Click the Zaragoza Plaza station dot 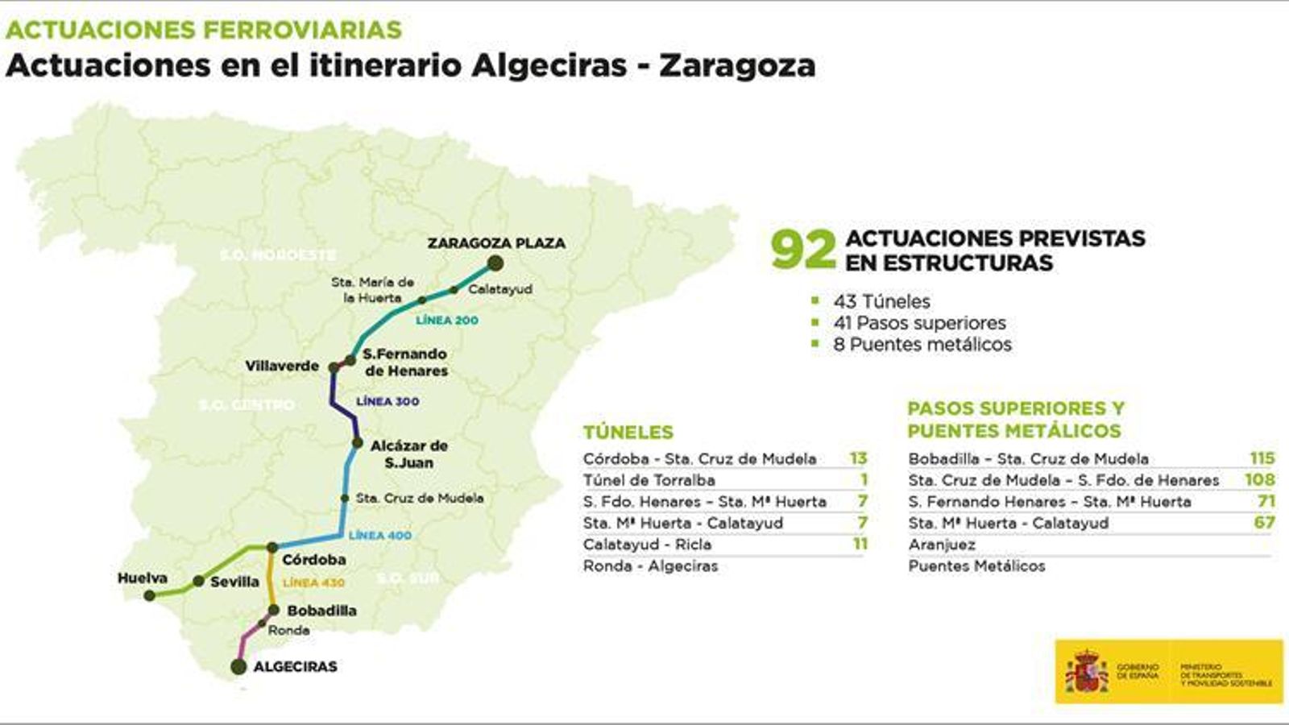[x=495, y=263]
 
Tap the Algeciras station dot [x=238, y=666]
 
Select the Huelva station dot [x=149, y=595]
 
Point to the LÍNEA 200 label [x=447, y=320]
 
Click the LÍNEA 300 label [x=388, y=401]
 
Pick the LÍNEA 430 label [x=313, y=582]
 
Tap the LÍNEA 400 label [x=379, y=535]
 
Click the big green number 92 [x=802, y=251]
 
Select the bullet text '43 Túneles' [x=881, y=301]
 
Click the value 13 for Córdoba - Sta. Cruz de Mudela [x=858, y=458]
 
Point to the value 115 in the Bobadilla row [x=1262, y=458]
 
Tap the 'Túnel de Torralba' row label [x=649, y=480]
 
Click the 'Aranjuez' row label [x=942, y=545]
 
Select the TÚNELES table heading [x=628, y=432]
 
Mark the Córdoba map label [x=314, y=559]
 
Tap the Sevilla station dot [x=198, y=581]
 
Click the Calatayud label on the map [x=500, y=289]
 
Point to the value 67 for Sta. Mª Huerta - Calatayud [x=1264, y=523]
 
